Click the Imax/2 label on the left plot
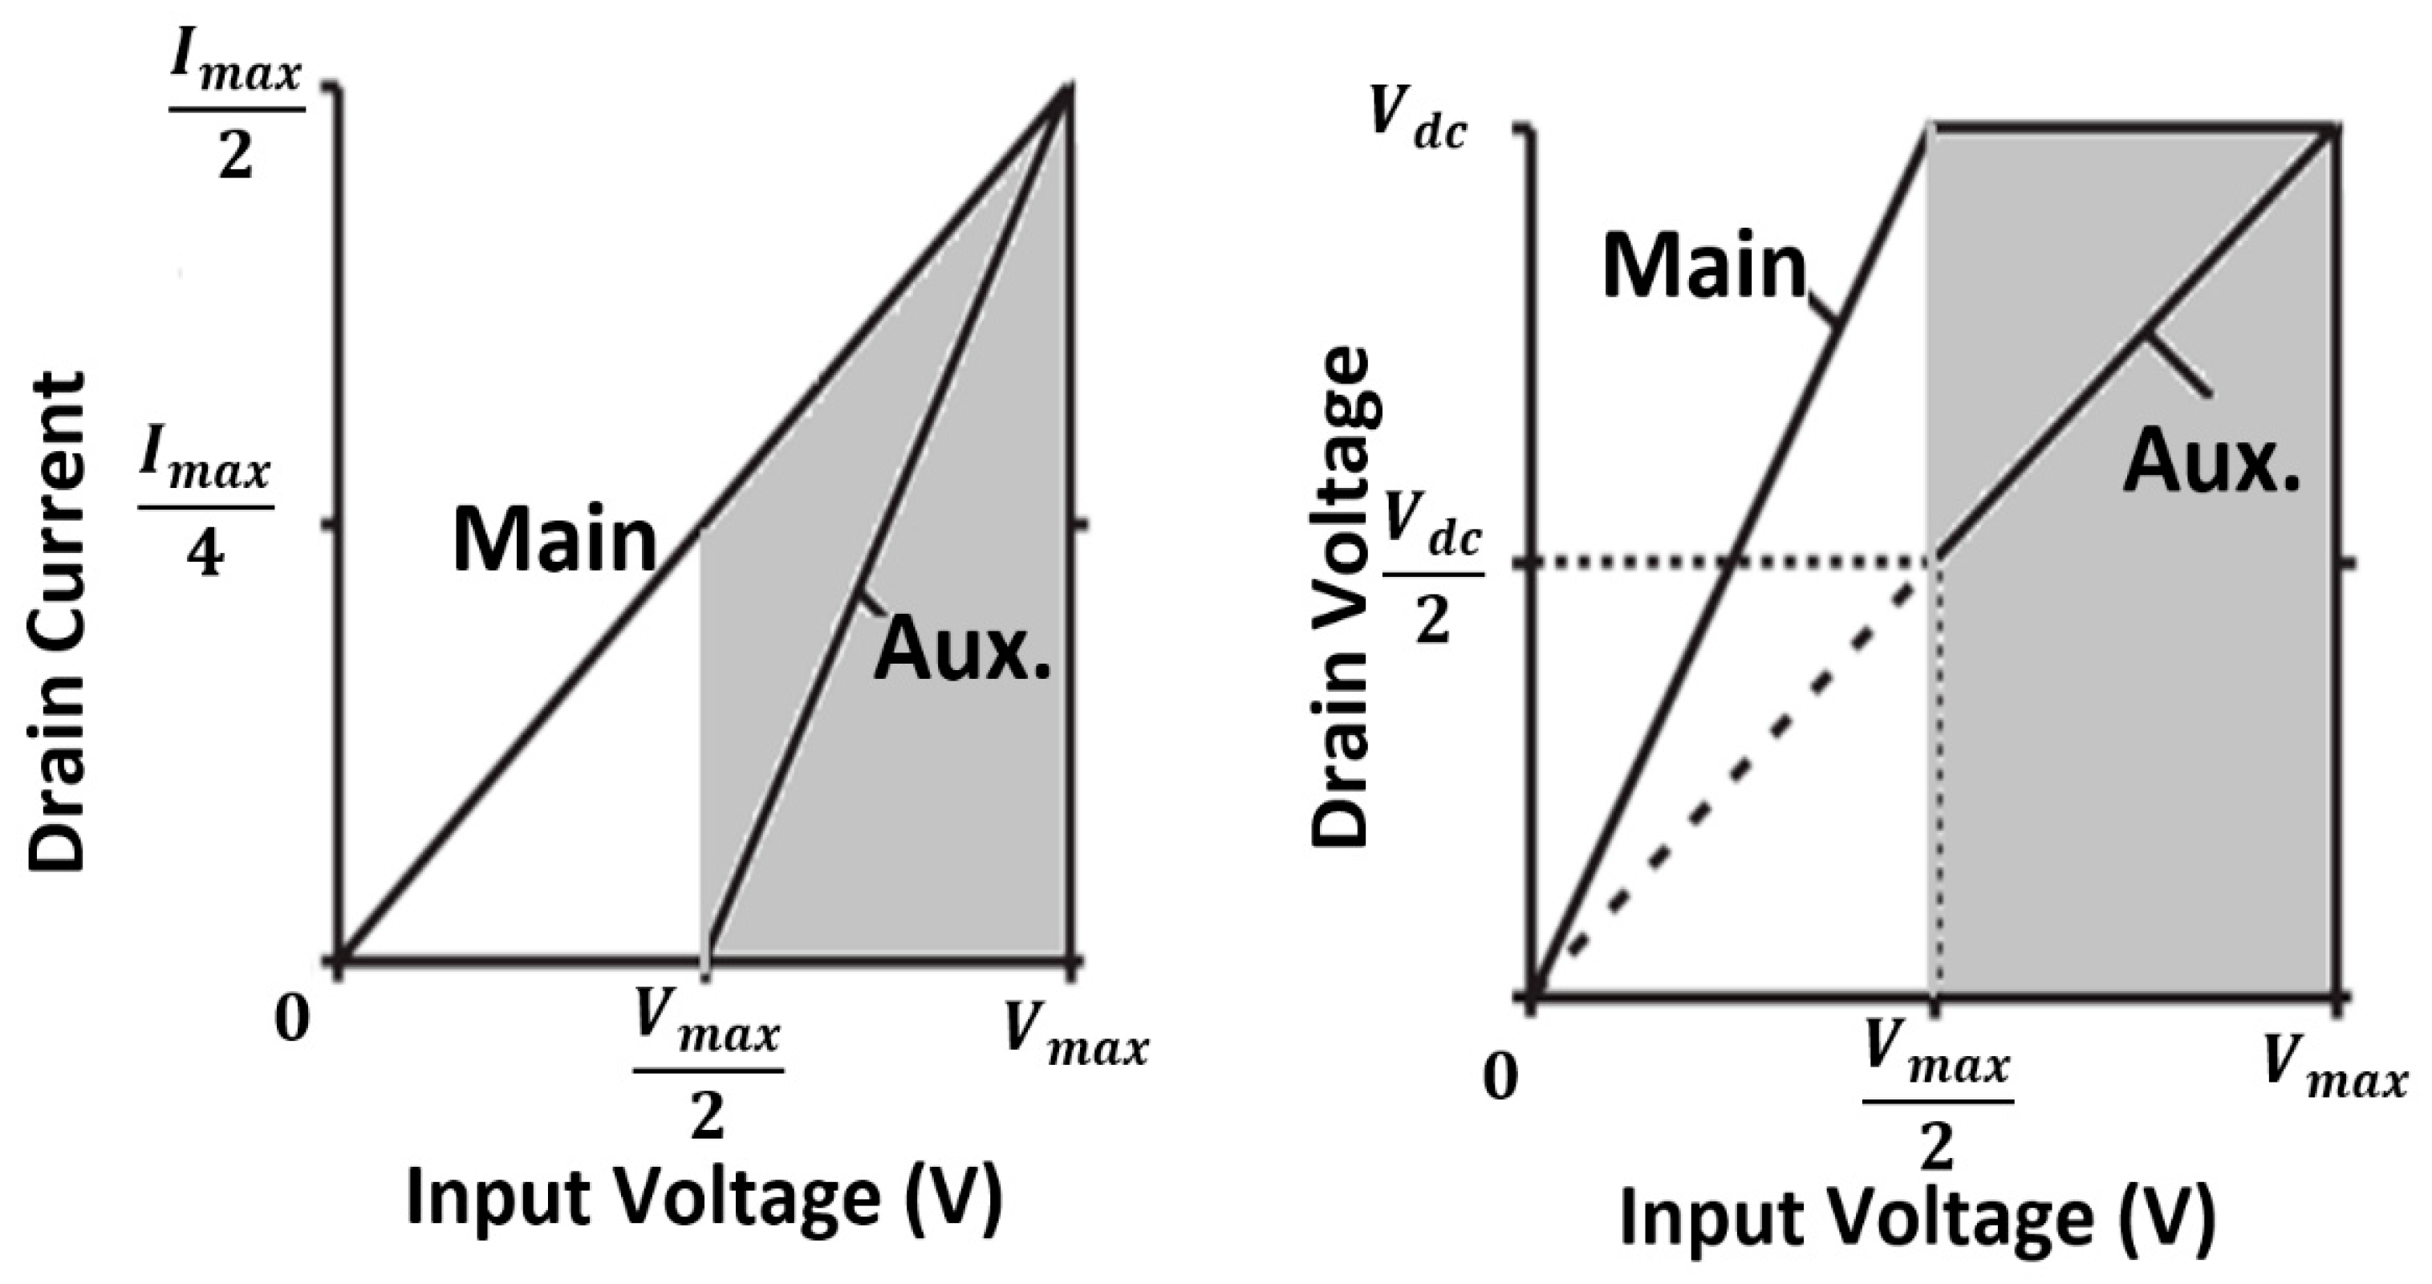(x=236, y=112)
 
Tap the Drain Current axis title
(x=57, y=621)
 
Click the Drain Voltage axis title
(x=1341, y=597)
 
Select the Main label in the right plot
(x=1704, y=266)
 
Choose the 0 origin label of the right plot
(x=1501, y=1075)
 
